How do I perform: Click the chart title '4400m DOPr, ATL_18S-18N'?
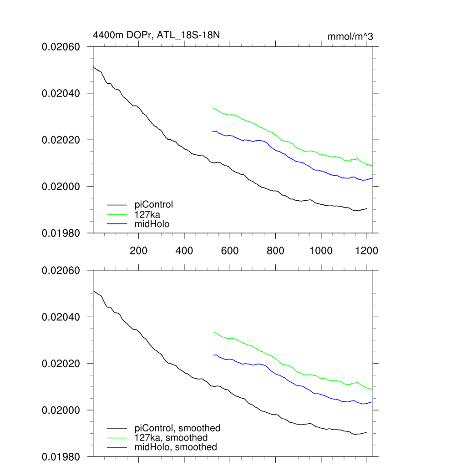tap(157, 35)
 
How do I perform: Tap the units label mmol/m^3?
tap(350, 36)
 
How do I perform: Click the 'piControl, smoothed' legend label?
tap(177, 428)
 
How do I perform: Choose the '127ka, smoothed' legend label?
tap(171, 438)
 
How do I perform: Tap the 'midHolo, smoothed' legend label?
tap(176, 447)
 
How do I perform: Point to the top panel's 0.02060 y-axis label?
tap(61, 47)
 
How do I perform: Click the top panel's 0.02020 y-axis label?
tap(61, 140)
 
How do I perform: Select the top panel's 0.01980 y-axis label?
tap(61, 233)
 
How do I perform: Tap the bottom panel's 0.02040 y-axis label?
tap(61, 317)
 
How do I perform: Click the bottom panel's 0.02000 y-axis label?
tap(61, 410)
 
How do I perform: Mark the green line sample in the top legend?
tap(116, 214)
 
